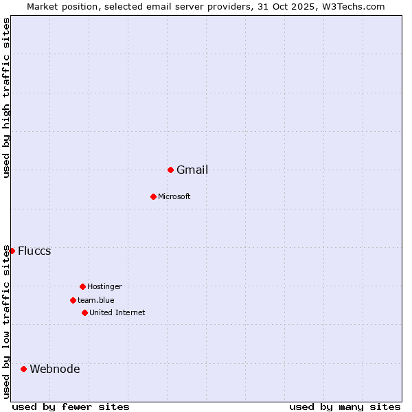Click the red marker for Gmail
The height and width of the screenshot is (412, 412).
[170, 170]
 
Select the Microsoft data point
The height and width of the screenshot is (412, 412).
[153, 196]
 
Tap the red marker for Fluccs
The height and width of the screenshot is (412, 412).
[12, 251]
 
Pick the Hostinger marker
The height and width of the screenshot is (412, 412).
[82, 286]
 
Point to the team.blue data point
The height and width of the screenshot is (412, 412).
[73, 300]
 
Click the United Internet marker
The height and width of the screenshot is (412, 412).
[84, 312]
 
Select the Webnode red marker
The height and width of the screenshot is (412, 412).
[23, 369]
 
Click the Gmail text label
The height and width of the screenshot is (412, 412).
[192, 170]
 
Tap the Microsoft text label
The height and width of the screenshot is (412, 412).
[174, 197]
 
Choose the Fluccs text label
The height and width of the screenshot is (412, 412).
[34, 251]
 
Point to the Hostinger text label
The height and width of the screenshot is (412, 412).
[104, 286]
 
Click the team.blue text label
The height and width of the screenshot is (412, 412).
[96, 300]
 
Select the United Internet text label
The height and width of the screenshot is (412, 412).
[117, 312]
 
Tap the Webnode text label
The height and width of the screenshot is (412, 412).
[55, 369]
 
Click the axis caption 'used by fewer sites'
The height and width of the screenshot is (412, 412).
[71, 407]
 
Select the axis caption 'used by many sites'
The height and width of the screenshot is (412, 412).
[345, 407]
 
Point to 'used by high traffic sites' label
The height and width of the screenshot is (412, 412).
[6, 98]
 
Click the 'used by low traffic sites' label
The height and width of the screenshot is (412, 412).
[6, 321]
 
